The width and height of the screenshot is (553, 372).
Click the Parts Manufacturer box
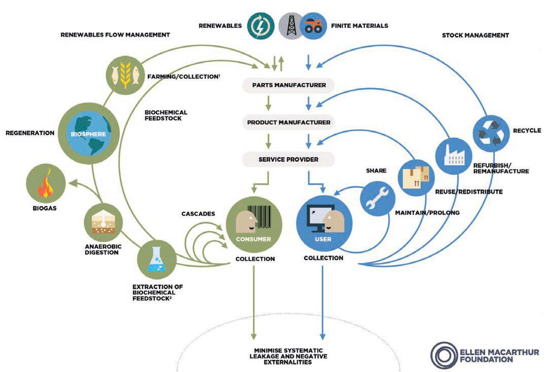click(x=289, y=85)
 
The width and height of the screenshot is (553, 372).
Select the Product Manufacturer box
click(x=289, y=122)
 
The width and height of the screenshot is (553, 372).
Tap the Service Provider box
click(x=288, y=159)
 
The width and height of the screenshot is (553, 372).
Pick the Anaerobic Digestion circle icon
click(x=102, y=222)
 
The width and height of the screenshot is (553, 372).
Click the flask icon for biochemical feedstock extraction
click(x=156, y=260)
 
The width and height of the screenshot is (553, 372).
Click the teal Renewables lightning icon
click(x=261, y=25)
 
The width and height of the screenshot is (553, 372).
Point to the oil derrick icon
click(x=291, y=25)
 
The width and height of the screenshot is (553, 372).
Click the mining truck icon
click(x=313, y=26)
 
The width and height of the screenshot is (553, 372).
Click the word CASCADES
click(x=198, y=214)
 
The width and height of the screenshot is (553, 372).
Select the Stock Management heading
click(x=475, y=35)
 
